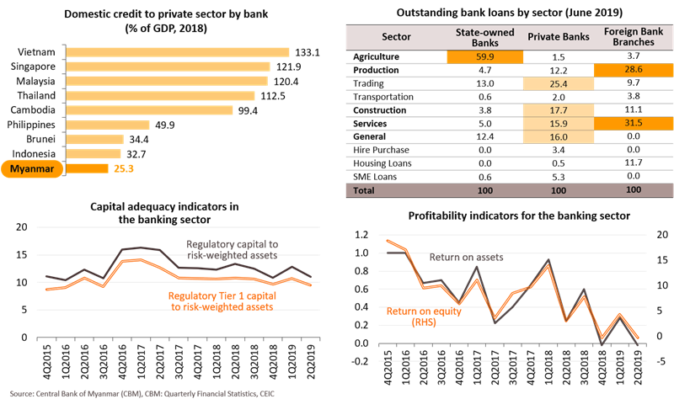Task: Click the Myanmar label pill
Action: [x=33, y=168]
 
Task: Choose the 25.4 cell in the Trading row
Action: [x=553, y=86]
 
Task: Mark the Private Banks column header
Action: [x=553, y=37]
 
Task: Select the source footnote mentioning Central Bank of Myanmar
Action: [x=143, y=393]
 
